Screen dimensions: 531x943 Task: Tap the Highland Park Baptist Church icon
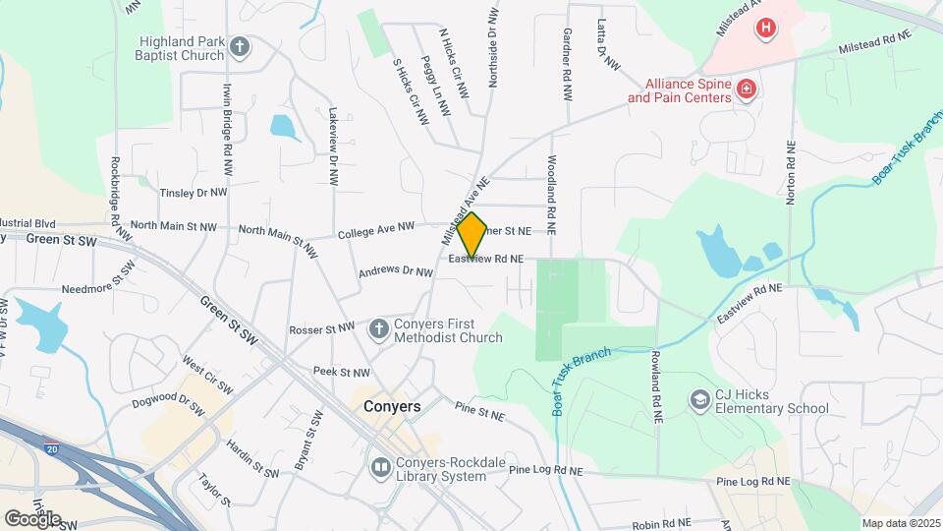[240, 45]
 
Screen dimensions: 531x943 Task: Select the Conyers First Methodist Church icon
[378, 329]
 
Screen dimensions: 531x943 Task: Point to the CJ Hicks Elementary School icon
[699, 399]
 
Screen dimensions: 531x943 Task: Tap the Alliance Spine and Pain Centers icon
[747, 90]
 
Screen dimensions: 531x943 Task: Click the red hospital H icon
[765, 28]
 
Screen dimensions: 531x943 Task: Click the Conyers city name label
[392, 406]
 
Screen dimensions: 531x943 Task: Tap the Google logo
[32, 518]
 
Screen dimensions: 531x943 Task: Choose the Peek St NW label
[341, 373]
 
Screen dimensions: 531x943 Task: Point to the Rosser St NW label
[321, 329]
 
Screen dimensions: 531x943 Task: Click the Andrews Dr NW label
[395, 271]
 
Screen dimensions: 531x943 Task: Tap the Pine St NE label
[478, 410]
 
